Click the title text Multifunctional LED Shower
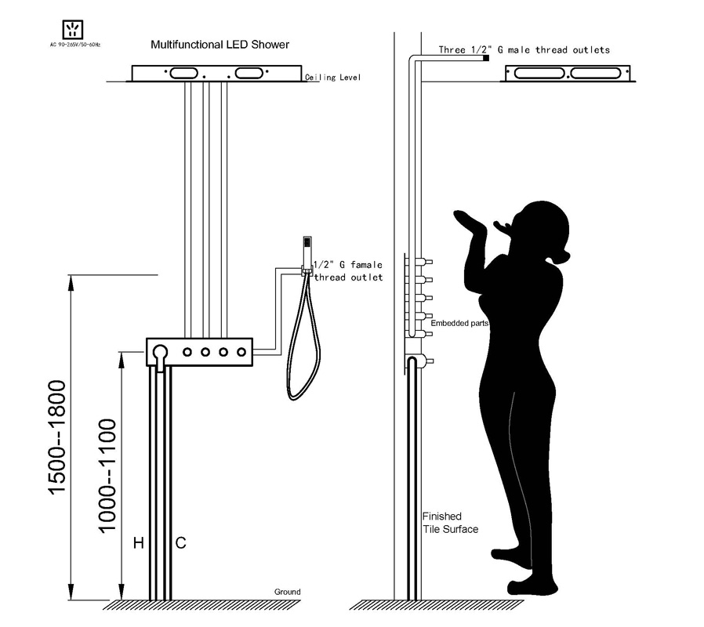pyautogui.click(x=220, y=45)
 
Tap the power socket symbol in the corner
pyautogui.click(x=73, y=30)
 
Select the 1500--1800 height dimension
pyautogui.click(x=57, y=437)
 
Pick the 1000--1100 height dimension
pyautogui.click(x=107, y=476)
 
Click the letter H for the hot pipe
pyautogui.click(x=139, y=543)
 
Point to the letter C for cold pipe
pyautogui.click(x=180, y=543)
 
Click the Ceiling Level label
pyautogui.click(x=332, y=77)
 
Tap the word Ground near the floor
pyautogui.click(x=288, y=592)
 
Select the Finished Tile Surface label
pyautogui.click(x=450, y=523)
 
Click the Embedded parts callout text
pyautogui.click(x=459, y=323)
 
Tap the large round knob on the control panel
pyautogui.click(x=160, y=351)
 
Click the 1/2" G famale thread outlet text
pyautogui.click(x=348, y=271)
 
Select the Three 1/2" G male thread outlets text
pyautogui.click(x=524, y=50)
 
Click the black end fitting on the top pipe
pyautogui.click(x=486, y=58)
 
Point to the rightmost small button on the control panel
pyautogui.click(x=241, y=353)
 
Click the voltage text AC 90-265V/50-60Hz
pyautogui.click(x=75, y=45)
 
